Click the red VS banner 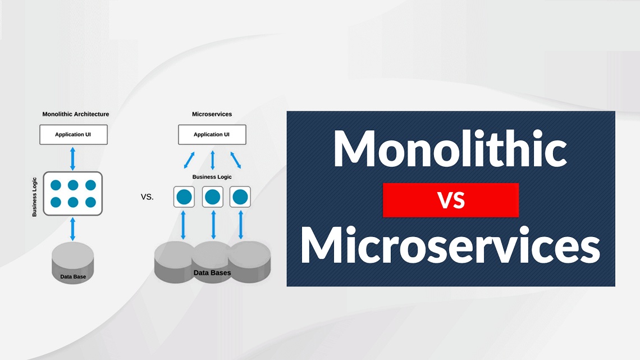451,200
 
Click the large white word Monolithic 450,149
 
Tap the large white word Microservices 450,244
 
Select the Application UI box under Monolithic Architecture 74,135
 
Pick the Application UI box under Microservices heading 212,135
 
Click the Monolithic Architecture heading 76,114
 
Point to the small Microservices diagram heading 212,114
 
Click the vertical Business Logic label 34,197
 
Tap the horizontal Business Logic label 212,177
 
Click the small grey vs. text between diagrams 147,197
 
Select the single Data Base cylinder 73,263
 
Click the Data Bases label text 212,272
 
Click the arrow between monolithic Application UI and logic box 72,158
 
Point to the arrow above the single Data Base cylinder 72,229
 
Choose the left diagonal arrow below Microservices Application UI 189,160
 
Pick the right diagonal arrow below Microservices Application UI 236,160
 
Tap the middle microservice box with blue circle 213,197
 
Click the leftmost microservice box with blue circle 184,197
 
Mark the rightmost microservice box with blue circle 240,197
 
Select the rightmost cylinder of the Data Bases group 250,262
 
